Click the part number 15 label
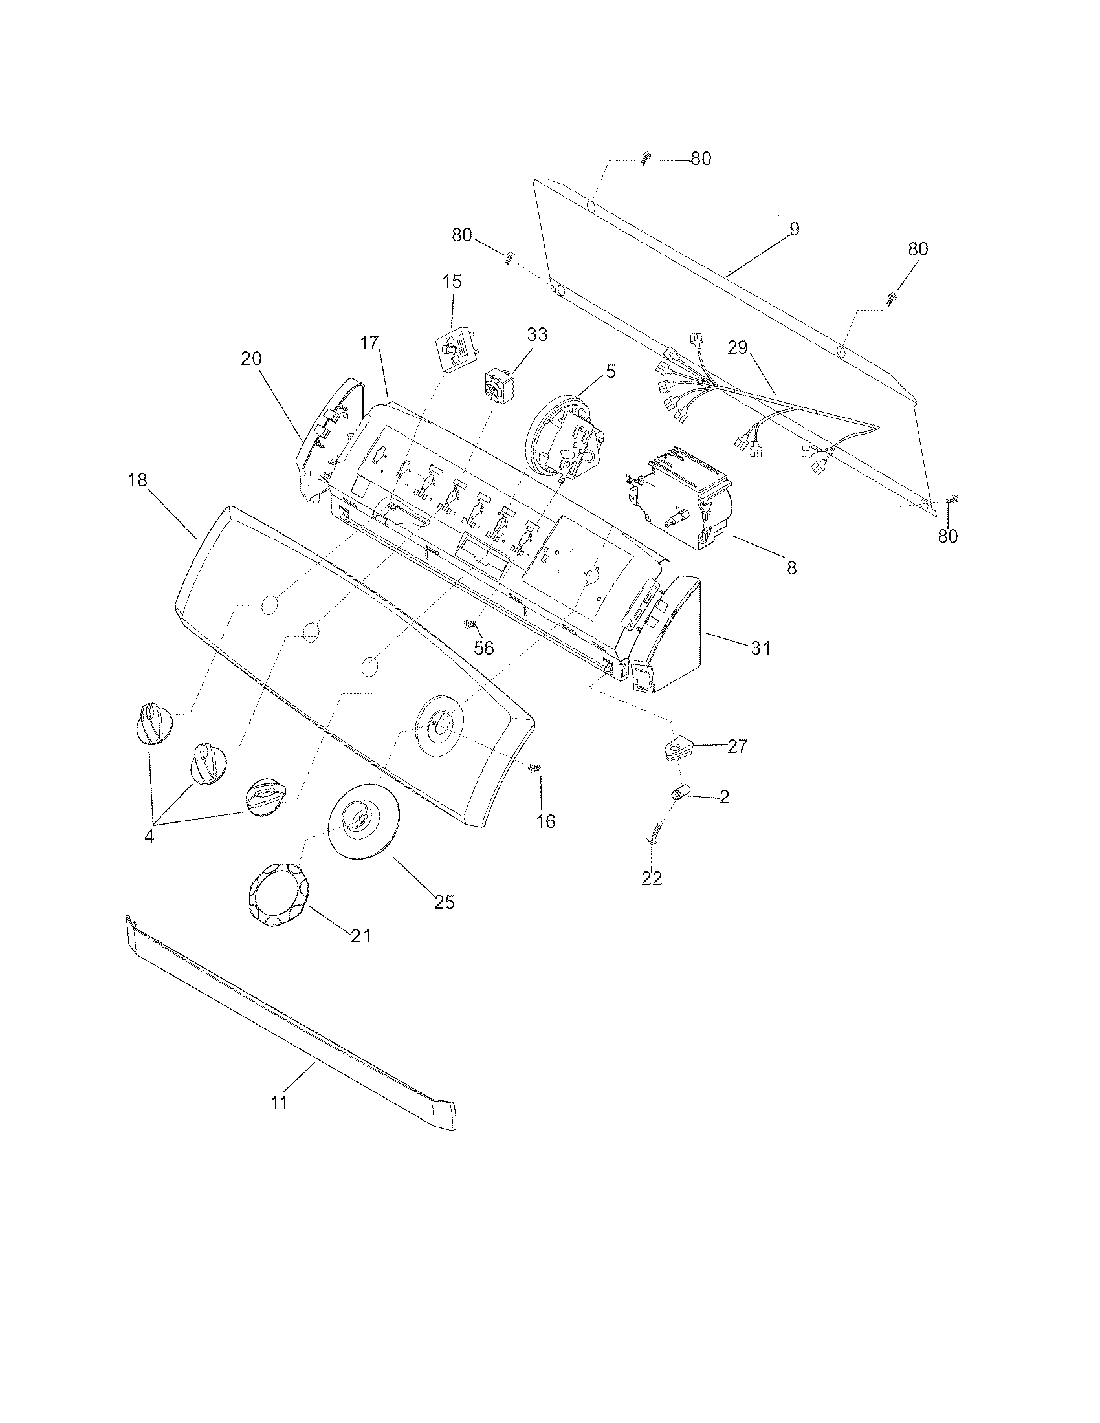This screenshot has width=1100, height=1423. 452,281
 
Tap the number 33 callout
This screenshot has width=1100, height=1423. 537,334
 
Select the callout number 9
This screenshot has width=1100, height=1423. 793,229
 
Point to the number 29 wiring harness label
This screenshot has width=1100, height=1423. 738,347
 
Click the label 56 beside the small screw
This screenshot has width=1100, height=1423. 483,647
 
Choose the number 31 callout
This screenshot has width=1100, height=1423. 760,647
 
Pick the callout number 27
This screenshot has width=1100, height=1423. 737,746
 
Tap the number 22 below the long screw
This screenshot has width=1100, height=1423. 652,878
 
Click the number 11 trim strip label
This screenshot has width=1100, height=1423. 279,1103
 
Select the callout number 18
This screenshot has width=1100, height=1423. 137,480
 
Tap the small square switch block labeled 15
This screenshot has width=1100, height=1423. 457,348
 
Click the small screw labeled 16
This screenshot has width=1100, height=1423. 535,770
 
